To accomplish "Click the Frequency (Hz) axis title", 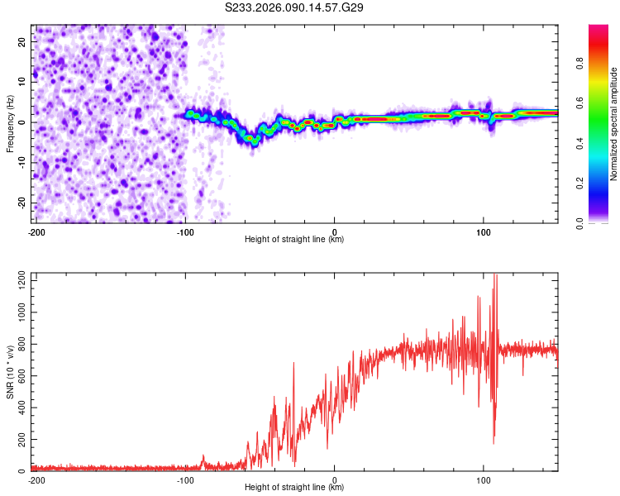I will pyautogui.click(x=10, y=123).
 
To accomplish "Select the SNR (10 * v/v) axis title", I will pyautogui.click(x=10, y=372).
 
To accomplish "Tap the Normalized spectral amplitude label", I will pyautogui.click(x=614, y=124).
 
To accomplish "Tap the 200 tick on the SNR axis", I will pyautogui.click(x=20, y=440).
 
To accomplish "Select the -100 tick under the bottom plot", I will pyautogui.click(x=185, y=480).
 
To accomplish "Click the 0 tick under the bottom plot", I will pyautogui.click(x=335, y=480).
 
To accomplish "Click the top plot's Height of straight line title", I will pyautogui.click(x=294, y=240).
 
